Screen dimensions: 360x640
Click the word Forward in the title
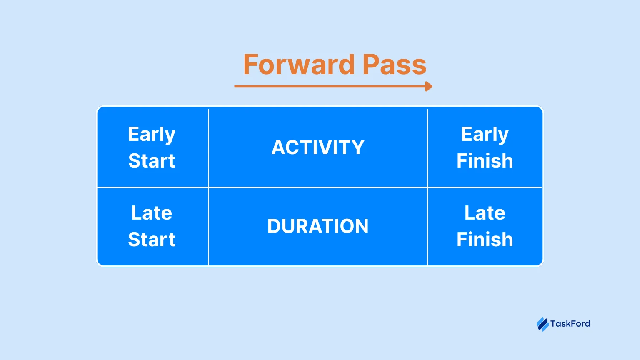tap(299, 65)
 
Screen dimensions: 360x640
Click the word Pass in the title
tap(395, 65)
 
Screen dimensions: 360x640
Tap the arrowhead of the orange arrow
tap(429, 87)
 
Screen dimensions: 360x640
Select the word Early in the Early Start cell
tap(152, 135)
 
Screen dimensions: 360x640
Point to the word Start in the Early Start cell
tap(152, 161)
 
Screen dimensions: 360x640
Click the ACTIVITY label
tap(318, 147)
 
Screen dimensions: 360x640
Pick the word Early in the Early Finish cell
tap(485, 135)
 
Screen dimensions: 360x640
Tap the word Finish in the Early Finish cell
tap(485, 161)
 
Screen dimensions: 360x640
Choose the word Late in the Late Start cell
tap(152, 213)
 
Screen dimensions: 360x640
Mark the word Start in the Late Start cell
tap(152, 240)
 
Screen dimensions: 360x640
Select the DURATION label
tap(318, 226)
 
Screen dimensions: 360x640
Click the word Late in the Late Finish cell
tap(485, 213)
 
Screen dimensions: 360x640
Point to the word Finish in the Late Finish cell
tap(485, 240)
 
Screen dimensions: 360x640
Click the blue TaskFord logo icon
tap(542, 324)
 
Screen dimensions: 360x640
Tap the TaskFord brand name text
tap(570, 324)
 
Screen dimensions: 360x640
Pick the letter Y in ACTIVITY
tap(357, 147)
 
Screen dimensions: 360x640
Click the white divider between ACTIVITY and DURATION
tap(318, 187)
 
